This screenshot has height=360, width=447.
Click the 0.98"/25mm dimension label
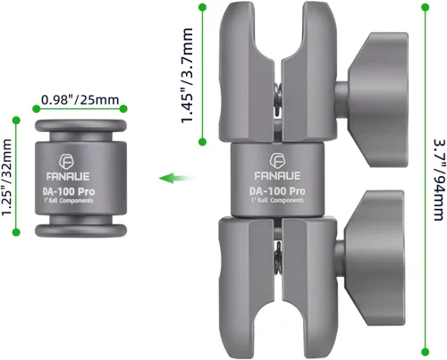(x=80, y=100)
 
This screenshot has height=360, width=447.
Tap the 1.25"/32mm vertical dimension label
(x=6, y=177)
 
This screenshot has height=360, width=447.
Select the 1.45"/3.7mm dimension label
(x=187, y=75)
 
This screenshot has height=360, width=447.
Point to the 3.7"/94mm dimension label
(x=440, y=180)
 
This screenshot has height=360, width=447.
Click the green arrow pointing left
(x=176, y=179)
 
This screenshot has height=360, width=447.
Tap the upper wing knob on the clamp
(x=373, y=100)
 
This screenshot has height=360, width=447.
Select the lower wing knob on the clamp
(x=371, y=258)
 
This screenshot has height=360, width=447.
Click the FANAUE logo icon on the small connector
(x=67, y=162)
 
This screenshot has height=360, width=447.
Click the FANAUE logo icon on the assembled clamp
(x=277, y=161)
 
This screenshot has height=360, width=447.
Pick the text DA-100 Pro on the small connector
(x=69, y=191)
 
